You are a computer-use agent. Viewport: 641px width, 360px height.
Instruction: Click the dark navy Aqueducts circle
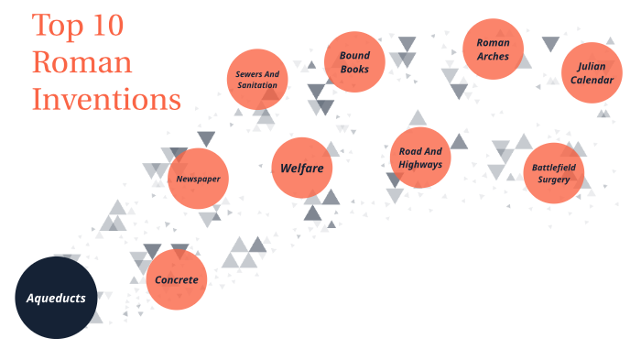pyautogui.click(x=56, y=298)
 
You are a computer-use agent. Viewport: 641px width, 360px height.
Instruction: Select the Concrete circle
pyautogui.click(x=177, y=279)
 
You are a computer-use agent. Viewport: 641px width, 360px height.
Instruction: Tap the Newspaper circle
pyautogui.click(x=199, y=178)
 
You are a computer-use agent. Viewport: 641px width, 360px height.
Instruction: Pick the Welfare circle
pyautogui.click(x=302, y=168)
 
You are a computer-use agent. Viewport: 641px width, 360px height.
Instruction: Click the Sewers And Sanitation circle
pyautogui.click(x=257, y=79)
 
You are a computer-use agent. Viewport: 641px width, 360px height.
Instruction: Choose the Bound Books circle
pyautogui.click(x=353, y=61)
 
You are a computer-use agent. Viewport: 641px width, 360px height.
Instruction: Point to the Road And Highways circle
pyautogui.click(x=420, y=158)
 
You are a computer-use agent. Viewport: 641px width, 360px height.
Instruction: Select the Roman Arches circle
pyautogui.click(x=493, y=49)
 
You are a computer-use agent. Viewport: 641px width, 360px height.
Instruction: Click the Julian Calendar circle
pyautogui.click(x=592, y=72)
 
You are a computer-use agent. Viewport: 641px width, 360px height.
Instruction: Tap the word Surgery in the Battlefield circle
pyautogui.click(x=554, y=180)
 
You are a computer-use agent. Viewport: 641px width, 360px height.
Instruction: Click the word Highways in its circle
pyautogui.click(x=420, y=164)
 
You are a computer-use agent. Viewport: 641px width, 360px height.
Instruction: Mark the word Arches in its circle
pyautogui.click(x=493, y=57)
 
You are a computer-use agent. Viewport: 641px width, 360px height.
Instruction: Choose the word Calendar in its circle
pyautogui.click(x=592, y=80)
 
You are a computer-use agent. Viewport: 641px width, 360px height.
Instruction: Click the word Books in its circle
pyautogui.click(x=353, y=69)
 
